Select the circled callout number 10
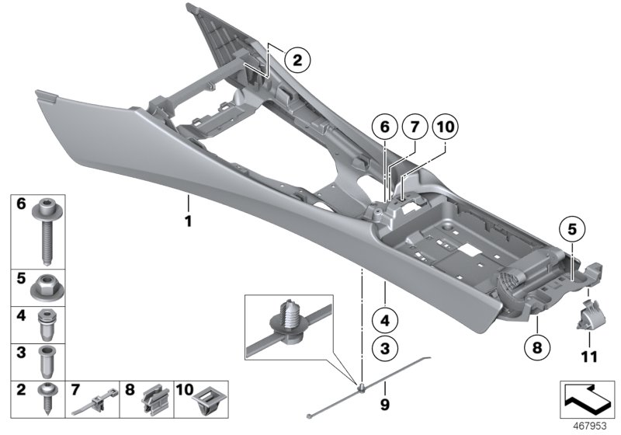tap(442, 126)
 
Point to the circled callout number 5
tap(571, 230)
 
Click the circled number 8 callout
tap(535, 347)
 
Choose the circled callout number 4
tap(382, 318)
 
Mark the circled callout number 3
tap(382, 348)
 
